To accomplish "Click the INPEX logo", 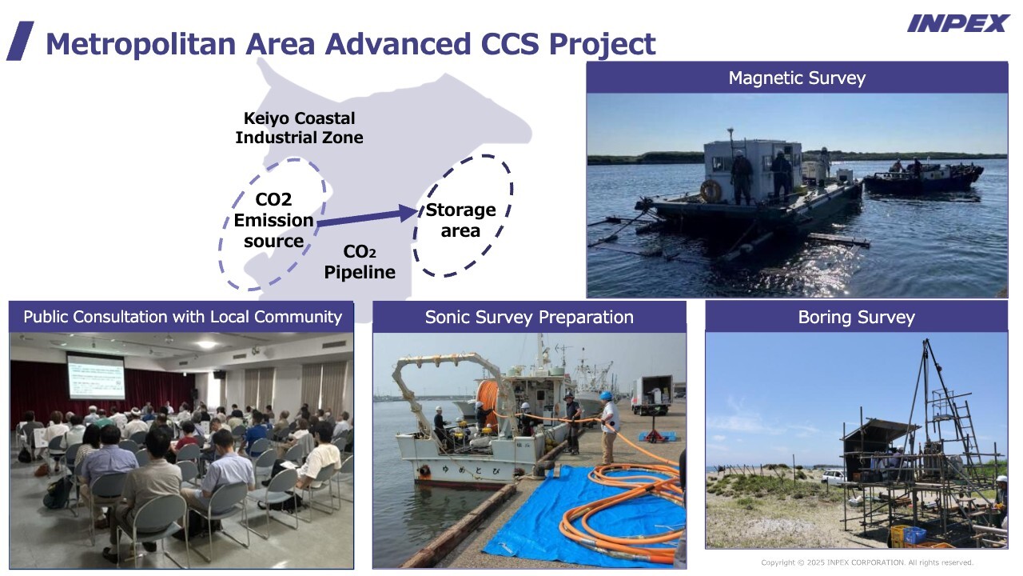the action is click(958, 23).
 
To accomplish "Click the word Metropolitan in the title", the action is click(141, 44).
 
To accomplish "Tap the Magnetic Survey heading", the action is click(797, 78).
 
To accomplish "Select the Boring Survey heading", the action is click(856, 318).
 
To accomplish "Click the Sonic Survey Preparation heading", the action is click(529, 318).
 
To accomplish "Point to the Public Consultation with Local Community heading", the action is click(183, 317).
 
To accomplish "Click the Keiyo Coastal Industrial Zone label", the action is click(299, 128).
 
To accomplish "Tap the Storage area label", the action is click(460, 220).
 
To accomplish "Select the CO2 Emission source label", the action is click(273, 220).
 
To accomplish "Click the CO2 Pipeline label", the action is click(360, 262).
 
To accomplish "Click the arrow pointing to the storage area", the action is click(368, 217).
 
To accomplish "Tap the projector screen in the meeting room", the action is click(96, 376).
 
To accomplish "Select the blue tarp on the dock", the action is click(580, 517).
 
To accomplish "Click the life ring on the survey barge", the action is click(711, 191).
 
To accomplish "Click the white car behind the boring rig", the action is click(833, 478).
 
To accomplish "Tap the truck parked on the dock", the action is click(651, 395).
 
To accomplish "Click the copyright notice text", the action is click(867, 562).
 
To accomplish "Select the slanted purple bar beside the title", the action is click(20, 41).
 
